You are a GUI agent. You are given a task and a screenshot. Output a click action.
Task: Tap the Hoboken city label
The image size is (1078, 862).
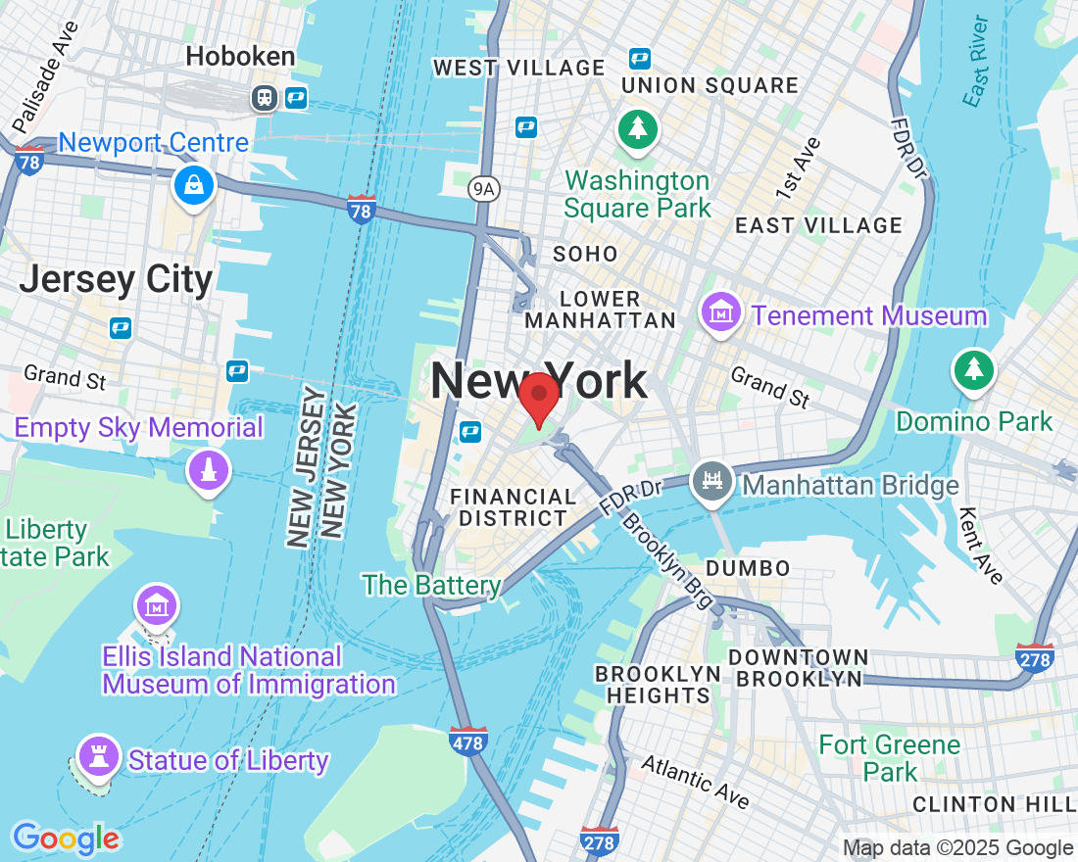point(240,57)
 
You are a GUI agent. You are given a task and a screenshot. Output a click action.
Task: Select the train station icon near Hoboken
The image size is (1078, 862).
point(264,98)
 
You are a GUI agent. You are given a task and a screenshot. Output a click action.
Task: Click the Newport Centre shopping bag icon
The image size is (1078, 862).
point(193,183)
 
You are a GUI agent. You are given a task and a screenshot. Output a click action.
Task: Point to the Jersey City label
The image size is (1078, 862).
point(116,280)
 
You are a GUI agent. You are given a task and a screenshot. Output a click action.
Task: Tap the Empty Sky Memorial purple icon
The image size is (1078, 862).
point(208,470)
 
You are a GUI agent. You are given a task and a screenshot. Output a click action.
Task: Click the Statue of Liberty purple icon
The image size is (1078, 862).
point(98,755)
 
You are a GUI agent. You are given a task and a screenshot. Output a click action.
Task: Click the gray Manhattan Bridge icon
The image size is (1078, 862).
point(711,481)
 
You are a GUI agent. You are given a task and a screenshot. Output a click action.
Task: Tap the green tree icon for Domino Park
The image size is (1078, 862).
point(973,369)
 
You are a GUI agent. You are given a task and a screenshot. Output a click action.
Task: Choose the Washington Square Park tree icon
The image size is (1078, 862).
point(638,128)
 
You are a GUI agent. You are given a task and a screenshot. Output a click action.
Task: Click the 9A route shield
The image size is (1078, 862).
point(481,189)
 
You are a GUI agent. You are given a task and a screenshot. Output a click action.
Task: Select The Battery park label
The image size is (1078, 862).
point(431,586)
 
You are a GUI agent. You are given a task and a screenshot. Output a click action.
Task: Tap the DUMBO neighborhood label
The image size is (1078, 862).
point(748,568)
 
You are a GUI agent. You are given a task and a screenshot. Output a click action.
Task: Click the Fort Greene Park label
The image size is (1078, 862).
point(889,758)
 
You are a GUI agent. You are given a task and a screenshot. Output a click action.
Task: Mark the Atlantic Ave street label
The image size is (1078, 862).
point(695,782)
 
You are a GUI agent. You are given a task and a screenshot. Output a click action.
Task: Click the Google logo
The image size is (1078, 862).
point(66,838)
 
